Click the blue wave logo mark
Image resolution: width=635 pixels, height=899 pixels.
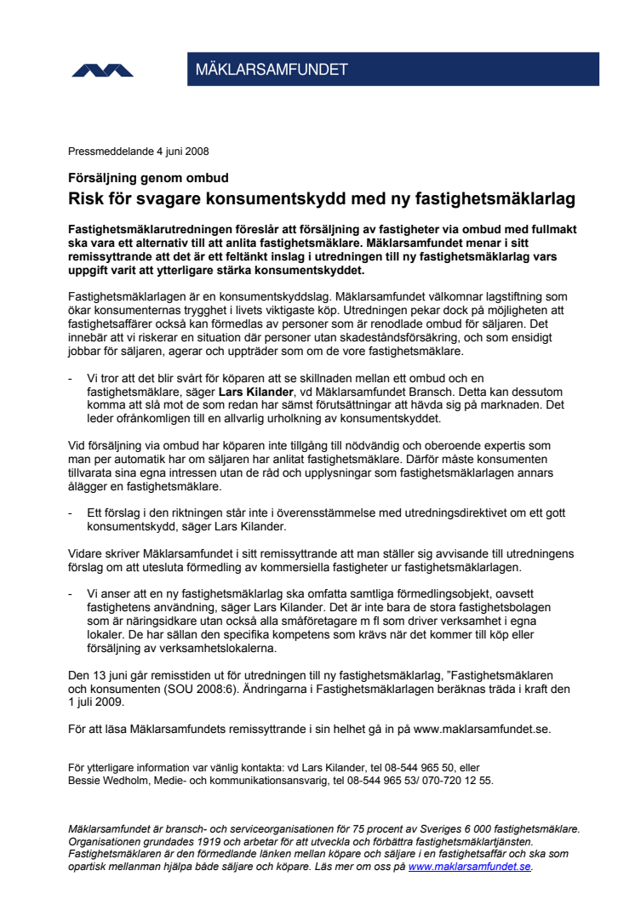[102, 71]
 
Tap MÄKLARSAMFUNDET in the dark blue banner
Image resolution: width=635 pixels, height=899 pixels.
[272, 71]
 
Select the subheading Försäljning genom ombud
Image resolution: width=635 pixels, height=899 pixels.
[148, 179]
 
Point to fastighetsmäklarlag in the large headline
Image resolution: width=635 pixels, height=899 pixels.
[487, 199]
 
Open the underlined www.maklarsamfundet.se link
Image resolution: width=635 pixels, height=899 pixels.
[470, 867]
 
